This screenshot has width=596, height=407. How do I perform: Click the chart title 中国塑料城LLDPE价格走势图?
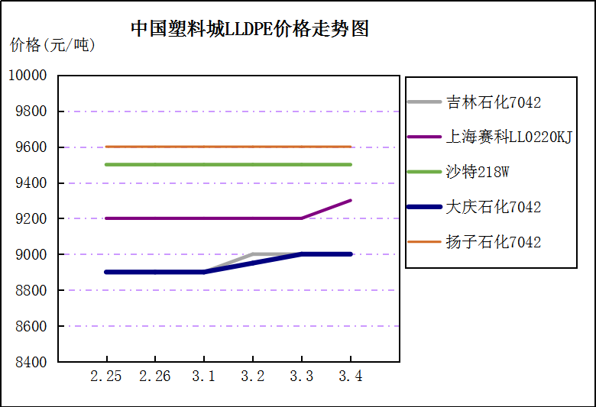click(x=250, y=29)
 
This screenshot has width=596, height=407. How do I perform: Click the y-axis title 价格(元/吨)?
click(x=53, y=46)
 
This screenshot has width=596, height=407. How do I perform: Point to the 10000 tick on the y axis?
click(x=28, y=76)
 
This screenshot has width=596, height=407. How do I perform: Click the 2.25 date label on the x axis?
click(x=106, y=376)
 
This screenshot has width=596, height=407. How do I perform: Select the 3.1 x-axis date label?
click(x=204, y=376)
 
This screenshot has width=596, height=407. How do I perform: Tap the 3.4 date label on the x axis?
click(x=351, y=376)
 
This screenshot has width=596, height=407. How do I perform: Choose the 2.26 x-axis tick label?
click(x=155, y=376)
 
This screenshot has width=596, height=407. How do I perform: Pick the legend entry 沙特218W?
click(x=478, y=172)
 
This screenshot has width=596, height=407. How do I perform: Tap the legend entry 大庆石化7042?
click(x=494, y=207)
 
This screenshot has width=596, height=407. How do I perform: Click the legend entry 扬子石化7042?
click(x=494, y=242)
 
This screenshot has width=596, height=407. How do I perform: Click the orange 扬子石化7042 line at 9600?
click(x=228, y=147)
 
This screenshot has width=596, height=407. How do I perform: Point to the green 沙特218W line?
click(x=228, y=164)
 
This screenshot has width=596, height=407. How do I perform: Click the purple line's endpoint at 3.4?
click(x=351, y=201)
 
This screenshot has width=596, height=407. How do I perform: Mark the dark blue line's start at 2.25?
click(x=106, y=272)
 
